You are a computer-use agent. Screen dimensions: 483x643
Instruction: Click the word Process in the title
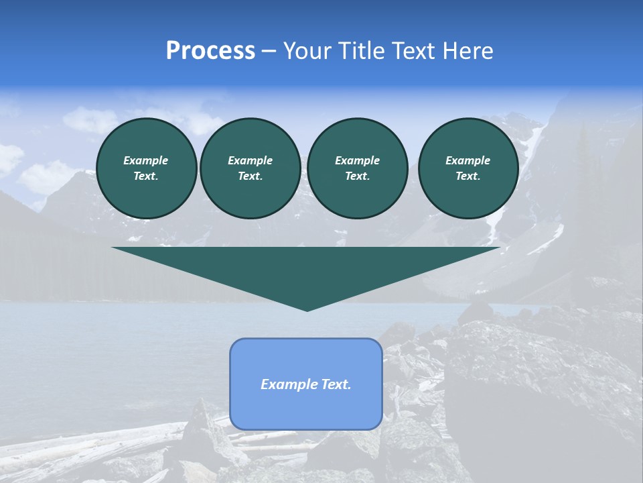[x=210, y=51]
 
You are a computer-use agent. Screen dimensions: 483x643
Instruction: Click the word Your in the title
[x=308, y=51]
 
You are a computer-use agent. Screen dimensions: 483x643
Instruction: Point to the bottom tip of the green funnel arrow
[x=307, y=309]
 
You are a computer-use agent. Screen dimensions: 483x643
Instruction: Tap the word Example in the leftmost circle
[x=146, y=160]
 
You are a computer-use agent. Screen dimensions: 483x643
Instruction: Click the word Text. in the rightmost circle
[x=468, y=176]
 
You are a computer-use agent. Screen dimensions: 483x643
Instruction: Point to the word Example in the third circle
[x=357, y=160]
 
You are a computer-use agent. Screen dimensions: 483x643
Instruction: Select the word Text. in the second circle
[x=250, y=176]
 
